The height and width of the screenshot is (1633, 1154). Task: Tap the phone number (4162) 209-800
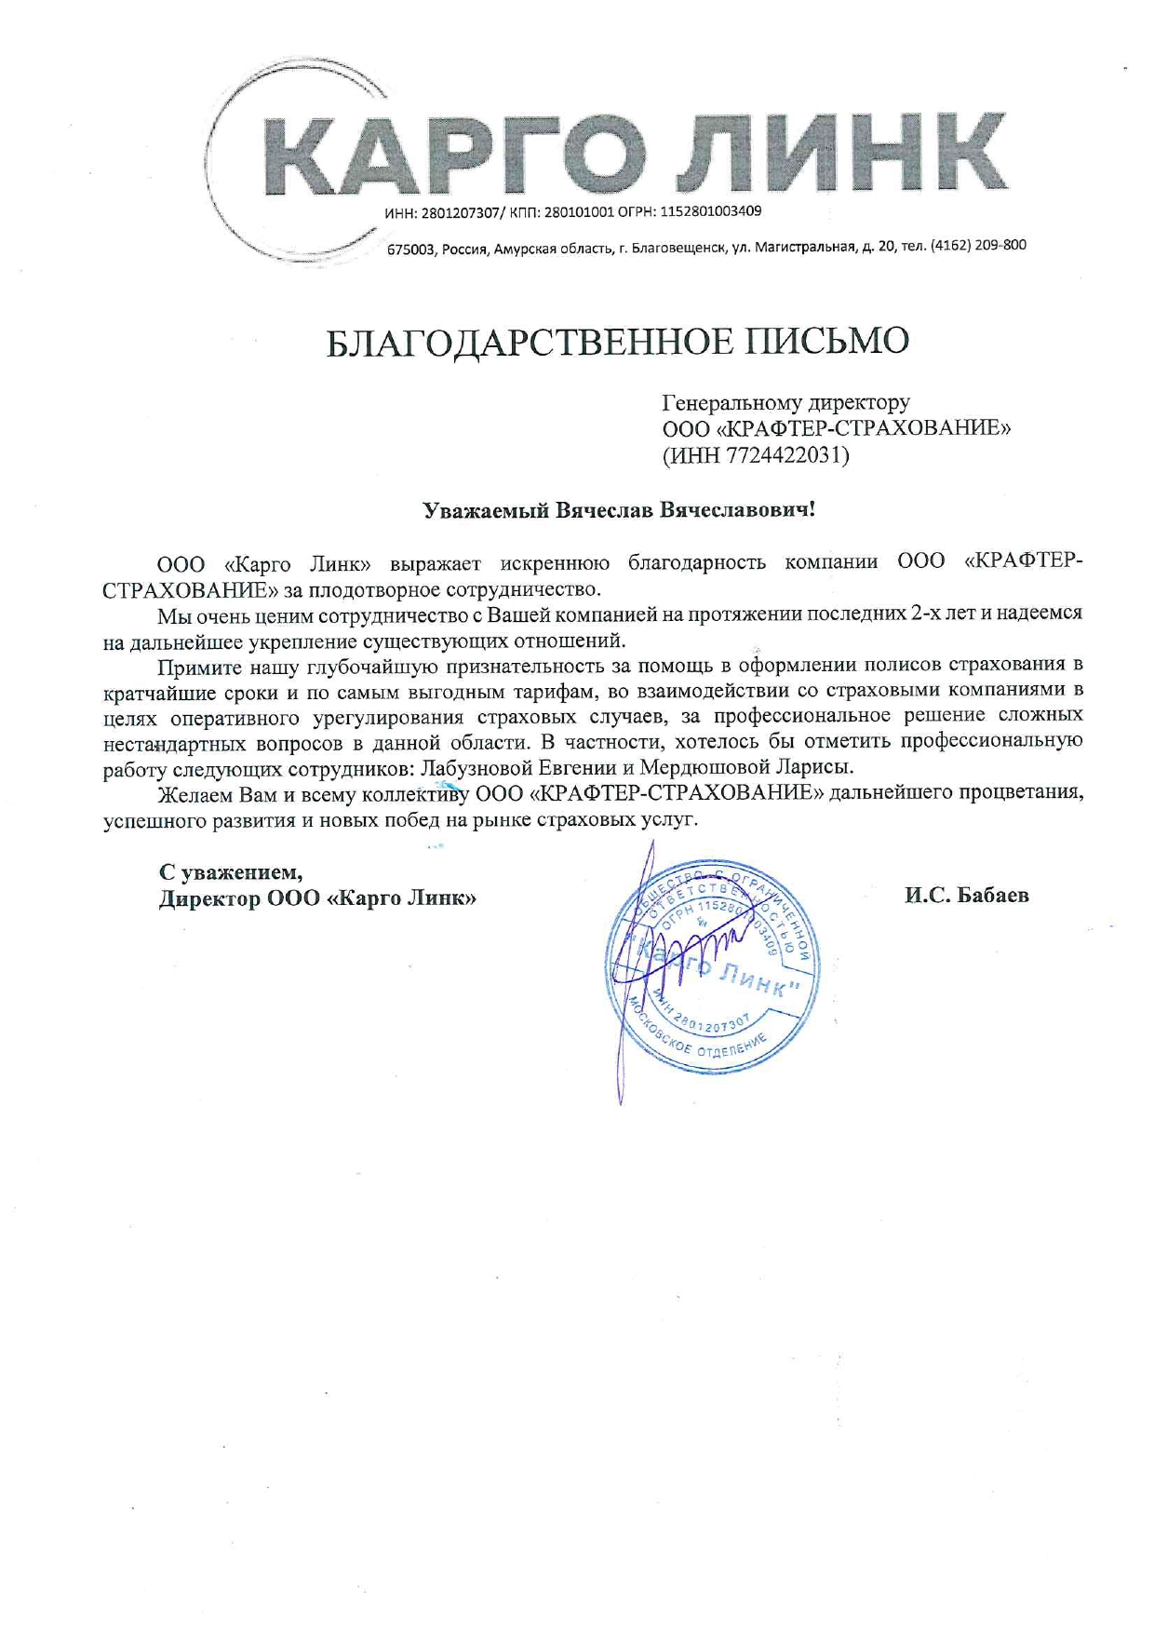coord(978,246)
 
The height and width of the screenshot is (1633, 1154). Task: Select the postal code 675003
coord(410,250)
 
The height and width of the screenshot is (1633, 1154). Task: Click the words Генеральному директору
coord(785,402)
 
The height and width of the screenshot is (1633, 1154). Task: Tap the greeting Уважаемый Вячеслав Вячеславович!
coord(619,510)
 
